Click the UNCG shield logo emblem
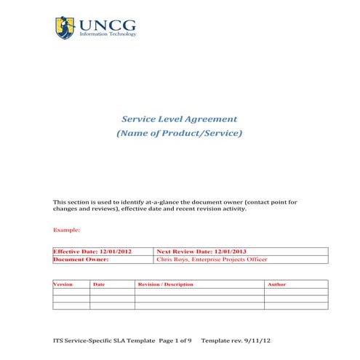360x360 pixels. pos(65,28)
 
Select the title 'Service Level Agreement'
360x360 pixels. pos(179,119)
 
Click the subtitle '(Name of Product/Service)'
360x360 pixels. pos(179,134)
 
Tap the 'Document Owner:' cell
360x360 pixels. pos(81,259)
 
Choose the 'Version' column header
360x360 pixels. pos(64,284)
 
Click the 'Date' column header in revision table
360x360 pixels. pos(100,284)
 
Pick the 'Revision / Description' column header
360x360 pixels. pos(166,284)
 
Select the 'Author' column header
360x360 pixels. pos(276,284)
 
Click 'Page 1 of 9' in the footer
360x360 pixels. pos(175,340)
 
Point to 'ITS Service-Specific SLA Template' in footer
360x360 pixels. pos(105,340)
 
